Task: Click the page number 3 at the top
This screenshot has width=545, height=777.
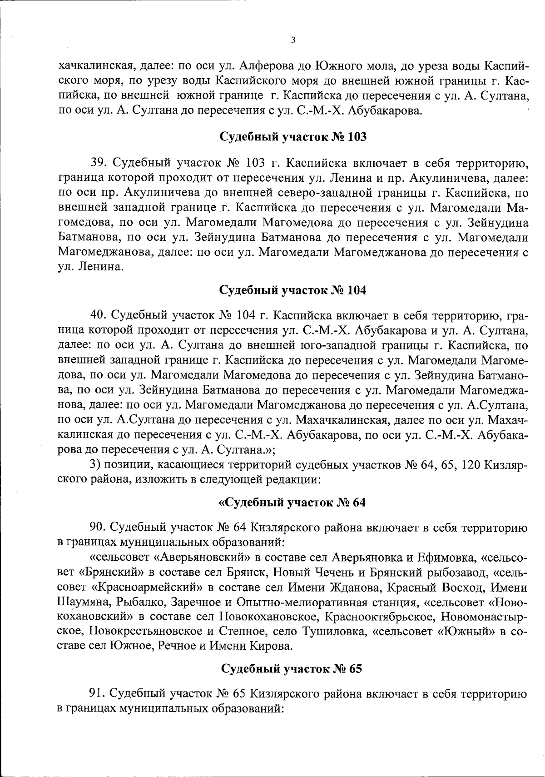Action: tap(293, 40)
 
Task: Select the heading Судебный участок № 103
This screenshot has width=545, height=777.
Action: tap(293, 137)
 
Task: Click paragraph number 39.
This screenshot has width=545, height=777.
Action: tap(99, 162)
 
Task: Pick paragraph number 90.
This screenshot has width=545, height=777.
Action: tap(99, 528)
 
